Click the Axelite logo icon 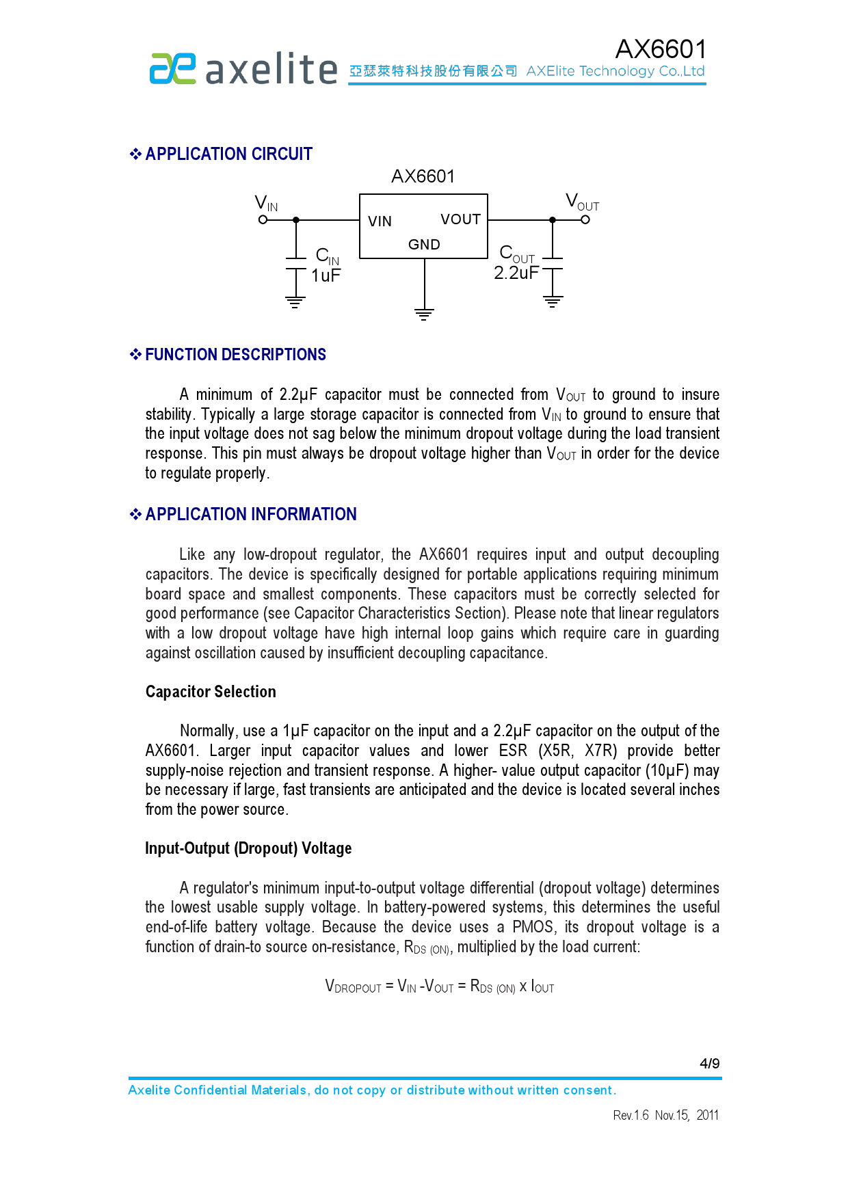pyautogui.click(x=172, y=68)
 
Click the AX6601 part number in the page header pyautogui.click(x=660, y=49)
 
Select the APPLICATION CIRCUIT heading pyautogui.click(x=228, y=154)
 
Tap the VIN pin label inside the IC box pyautogui.click(x=380, y=221)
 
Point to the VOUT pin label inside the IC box pyautogui.click(x=460, y=219)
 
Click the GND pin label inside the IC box pyautogui.click(x=424, y=245)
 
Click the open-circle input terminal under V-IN pyautogui.click(x=263, y=220)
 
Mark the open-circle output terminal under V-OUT pyautogui.click(x=585, y=220)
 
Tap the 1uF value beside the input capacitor pyautogui.click(x=326, y=275)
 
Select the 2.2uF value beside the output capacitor pyautogui.click(x=516, y=273)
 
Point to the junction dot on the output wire pyautogui.click(x=553, y=220)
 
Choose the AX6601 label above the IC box pyautogui.click(x=423, y=176)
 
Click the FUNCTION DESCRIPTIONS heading pyautogui.click(x=235, y=355)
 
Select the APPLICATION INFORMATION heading pyautogui.click(x=250, y=514)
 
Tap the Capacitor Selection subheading pyautogui.click(x=211, y=692)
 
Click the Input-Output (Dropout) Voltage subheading pyautogui.click(x=248, y=848)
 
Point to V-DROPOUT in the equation pyautogui.click(x=353, y=986)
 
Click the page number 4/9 pyautogui.click(x=709, y=1064)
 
